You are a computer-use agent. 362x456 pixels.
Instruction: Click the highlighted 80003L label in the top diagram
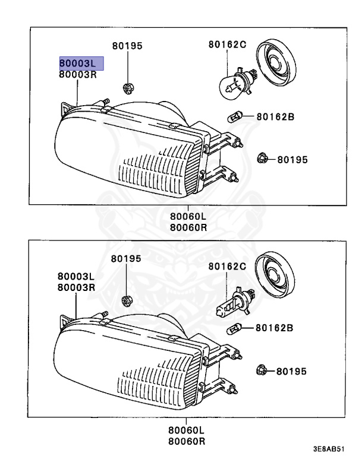click(81, 63)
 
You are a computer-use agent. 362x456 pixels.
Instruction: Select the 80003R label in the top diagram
click(77, 75)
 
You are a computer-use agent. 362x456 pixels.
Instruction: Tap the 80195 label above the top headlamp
click(127, 45)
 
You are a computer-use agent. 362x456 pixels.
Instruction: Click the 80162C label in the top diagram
click(227, 44)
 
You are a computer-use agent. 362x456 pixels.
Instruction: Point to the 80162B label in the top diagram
click(275, 117)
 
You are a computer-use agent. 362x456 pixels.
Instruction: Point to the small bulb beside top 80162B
click(237, 117)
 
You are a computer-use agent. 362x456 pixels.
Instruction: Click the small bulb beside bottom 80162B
click(236, 327)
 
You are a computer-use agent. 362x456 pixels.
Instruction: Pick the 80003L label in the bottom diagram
click(76, 276)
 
